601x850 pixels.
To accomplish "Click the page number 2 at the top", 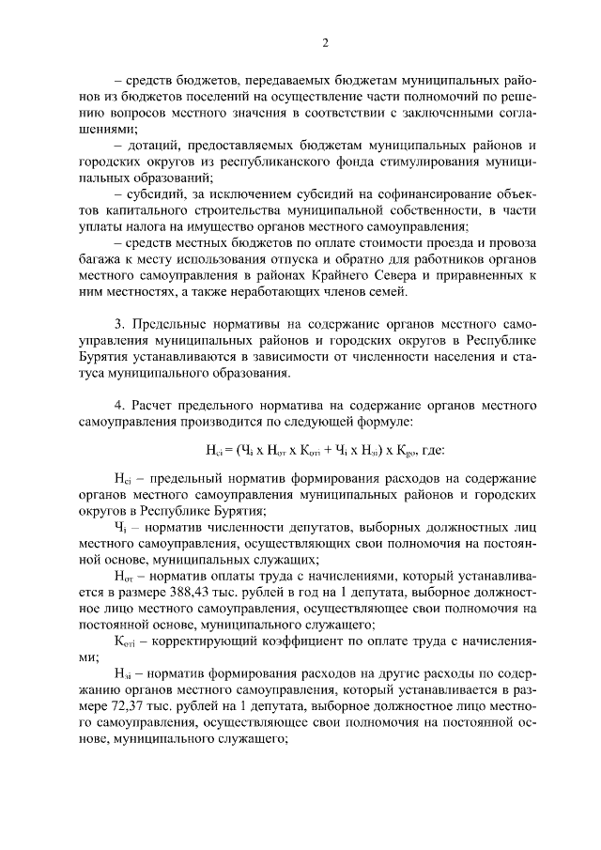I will (325, 42).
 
